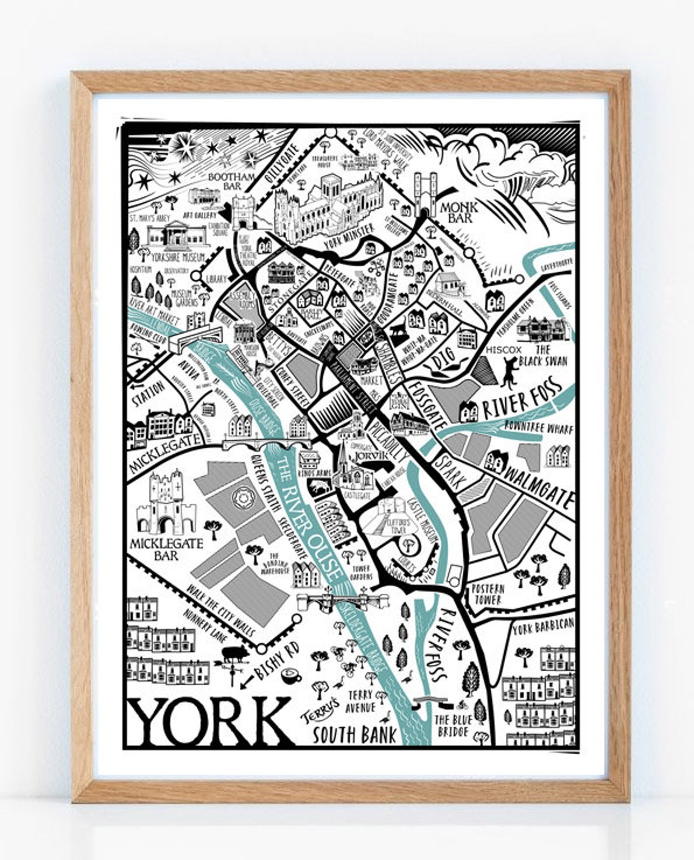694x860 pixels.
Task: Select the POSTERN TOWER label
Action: [488, 594]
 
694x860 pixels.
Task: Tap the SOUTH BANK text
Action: [354, 734]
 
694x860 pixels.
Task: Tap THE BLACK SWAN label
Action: [550, 354]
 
